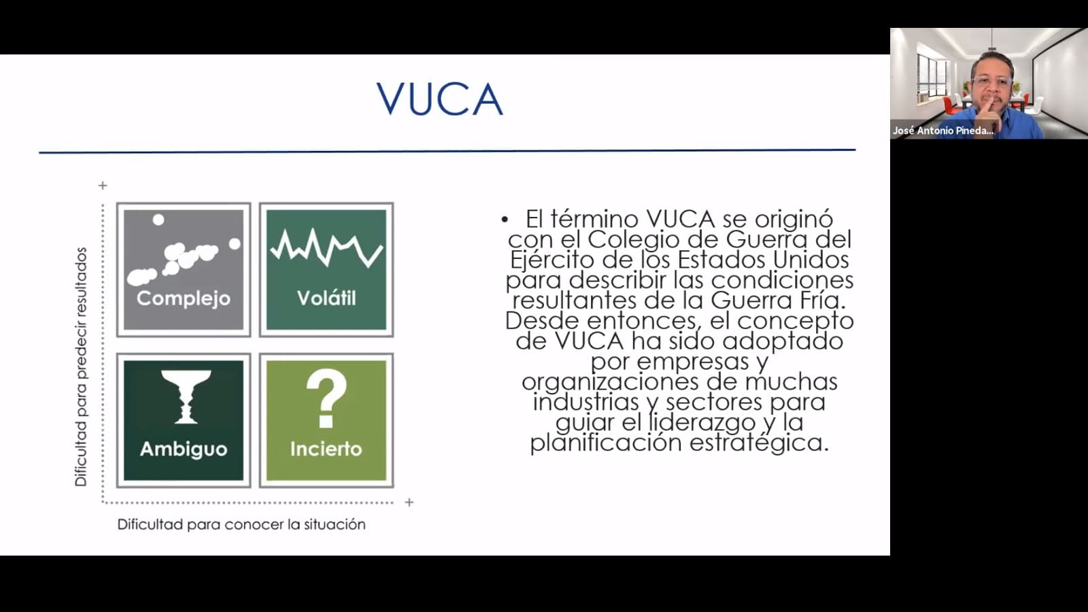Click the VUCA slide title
(440, 99)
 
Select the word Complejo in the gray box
(184, 299)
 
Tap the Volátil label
(326, 298)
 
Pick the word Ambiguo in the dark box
(184, 449)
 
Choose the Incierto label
(326, 449)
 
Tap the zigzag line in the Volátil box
(326, 248)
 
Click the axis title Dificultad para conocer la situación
(241, 524)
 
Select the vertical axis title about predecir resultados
(81, 367)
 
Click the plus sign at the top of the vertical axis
(103, 186)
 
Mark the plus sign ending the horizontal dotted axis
(409, 503)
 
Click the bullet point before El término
(505, 220)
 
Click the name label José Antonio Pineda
(942, 130)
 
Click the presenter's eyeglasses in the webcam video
(992, 81)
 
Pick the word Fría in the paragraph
(822, 300)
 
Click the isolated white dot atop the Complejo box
(158, 220)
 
